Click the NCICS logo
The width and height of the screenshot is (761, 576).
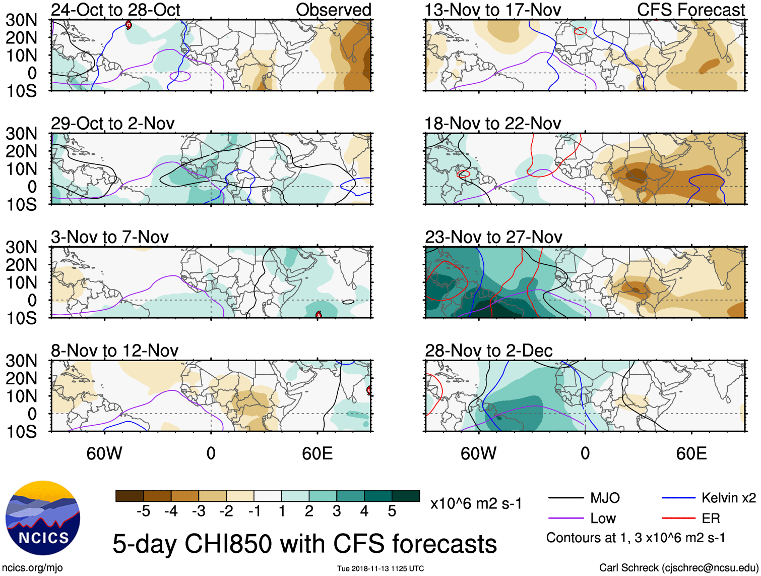pos(43,518)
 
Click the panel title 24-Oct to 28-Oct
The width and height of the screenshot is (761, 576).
pos(115,10)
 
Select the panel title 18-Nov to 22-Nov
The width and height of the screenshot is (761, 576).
pos(492,124)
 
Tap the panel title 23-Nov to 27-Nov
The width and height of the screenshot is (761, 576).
pos(493,237)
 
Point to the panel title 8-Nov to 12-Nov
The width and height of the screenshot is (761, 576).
pos(114,351)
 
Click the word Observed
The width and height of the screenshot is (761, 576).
pos(333,10)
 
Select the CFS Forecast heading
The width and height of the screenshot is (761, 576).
pos(691,10)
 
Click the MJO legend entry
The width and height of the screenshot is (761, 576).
pos(605,498)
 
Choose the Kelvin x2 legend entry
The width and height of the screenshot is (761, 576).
pos(728,498)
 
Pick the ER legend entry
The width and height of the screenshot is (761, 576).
pos(711,519)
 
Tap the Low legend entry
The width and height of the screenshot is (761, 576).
pos(603,519)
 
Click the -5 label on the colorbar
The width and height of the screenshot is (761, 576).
pos(143,511)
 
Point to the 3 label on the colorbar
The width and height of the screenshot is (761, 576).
pos(337,511)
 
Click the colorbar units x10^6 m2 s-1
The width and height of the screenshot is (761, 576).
pos(476,503)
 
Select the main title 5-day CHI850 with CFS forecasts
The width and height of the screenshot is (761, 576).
pos(304,544)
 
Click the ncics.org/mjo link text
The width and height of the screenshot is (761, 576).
pos(32,568)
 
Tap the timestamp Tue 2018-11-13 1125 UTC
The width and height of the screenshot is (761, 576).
pos(381,568)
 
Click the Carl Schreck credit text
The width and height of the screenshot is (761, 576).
pos(678,568)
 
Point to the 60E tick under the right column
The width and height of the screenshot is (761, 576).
pos(691,453)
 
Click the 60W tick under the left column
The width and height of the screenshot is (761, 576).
pos(104,453)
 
